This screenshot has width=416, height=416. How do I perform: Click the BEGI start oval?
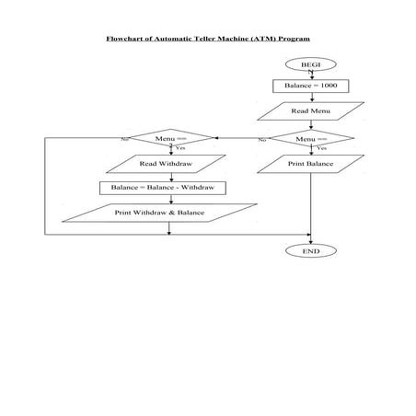[311, 64]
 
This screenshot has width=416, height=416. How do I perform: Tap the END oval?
[311, 250]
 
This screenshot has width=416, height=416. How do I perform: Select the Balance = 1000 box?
[311, 86]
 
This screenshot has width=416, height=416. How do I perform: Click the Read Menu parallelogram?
[311, 110]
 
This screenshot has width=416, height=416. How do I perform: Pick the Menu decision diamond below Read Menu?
[311, 138]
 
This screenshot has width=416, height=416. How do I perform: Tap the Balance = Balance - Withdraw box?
[163, 188]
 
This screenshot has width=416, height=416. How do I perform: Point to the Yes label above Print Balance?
[321, 148]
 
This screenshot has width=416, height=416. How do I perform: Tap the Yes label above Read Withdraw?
[180, 148]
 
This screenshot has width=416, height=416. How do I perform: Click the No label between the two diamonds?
[262, 140]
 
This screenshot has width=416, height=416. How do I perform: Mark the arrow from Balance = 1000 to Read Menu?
[311, 97]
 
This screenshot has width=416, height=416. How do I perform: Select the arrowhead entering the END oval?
[311, 240]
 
